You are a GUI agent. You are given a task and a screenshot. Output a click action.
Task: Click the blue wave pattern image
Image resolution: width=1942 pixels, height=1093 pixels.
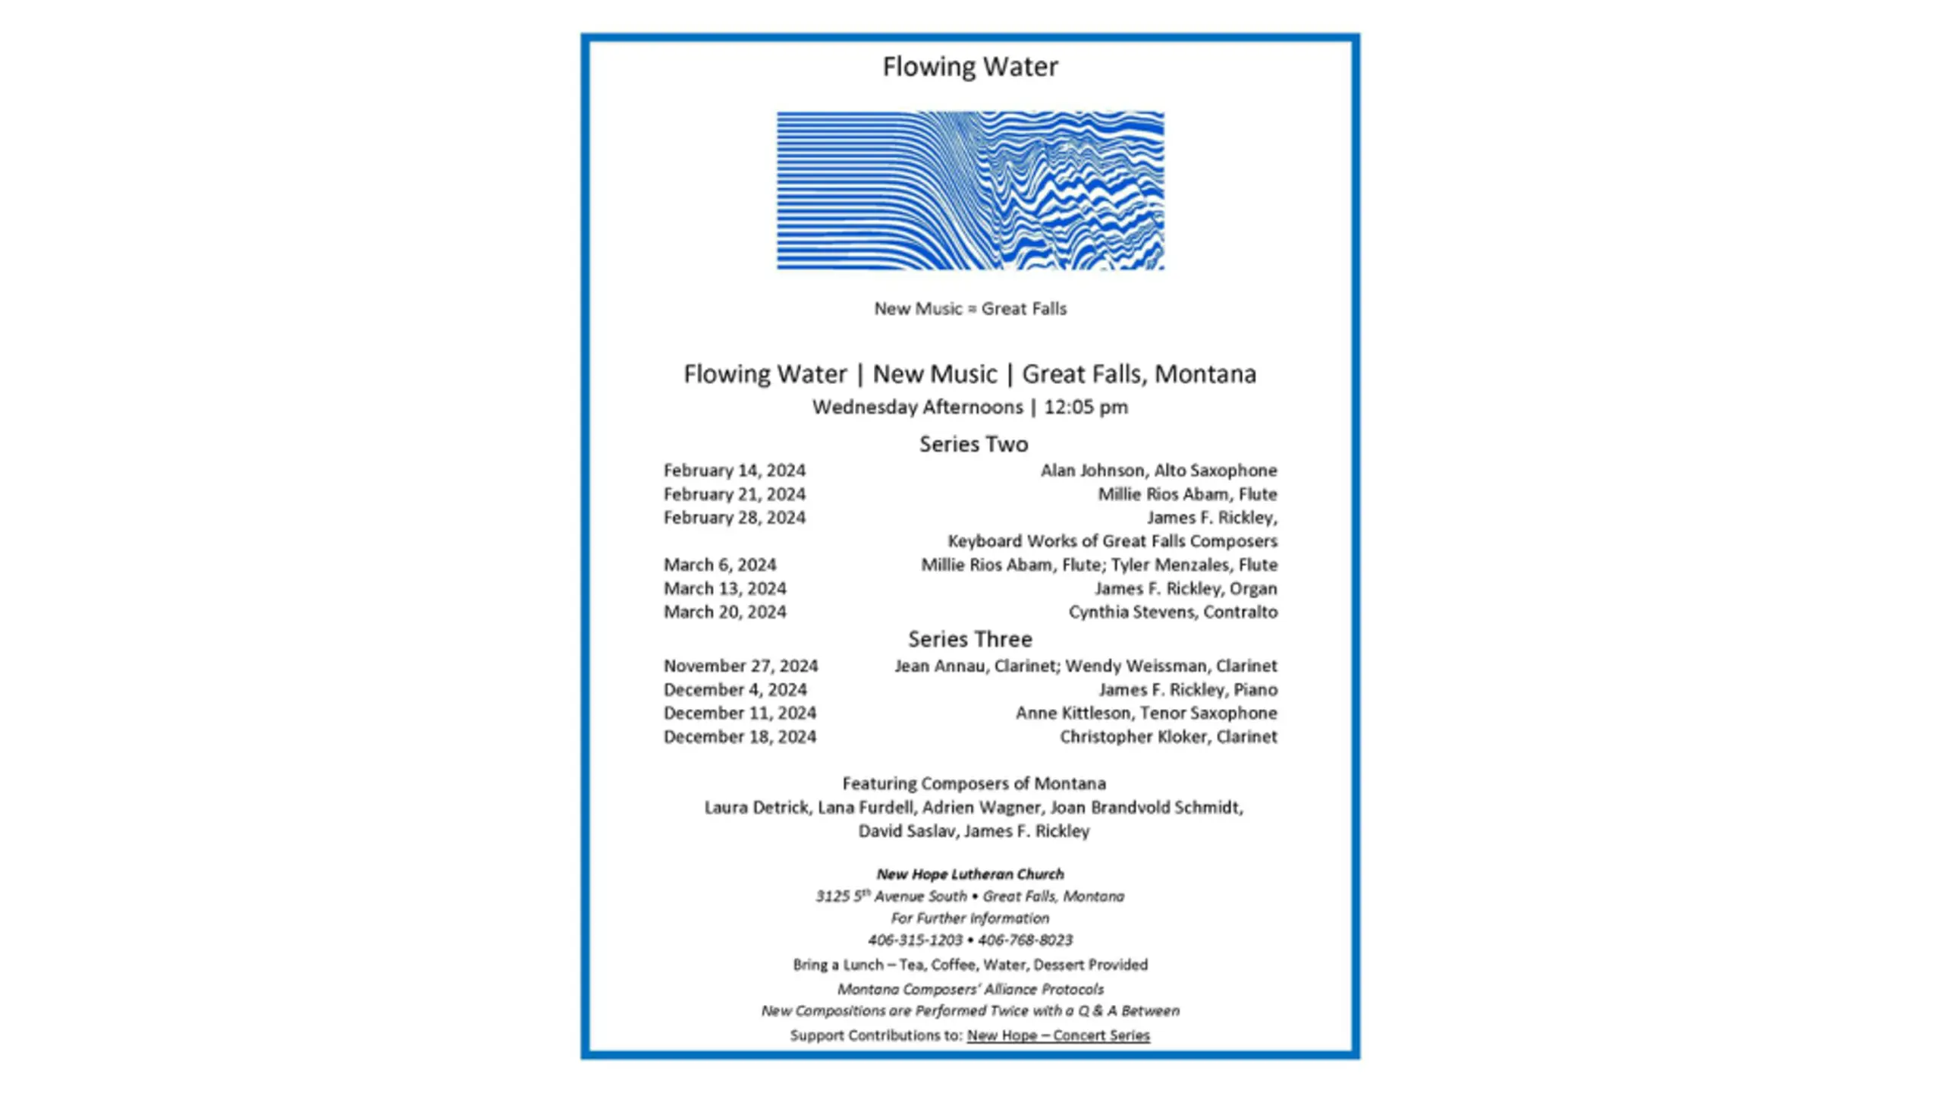(x=969, y=190)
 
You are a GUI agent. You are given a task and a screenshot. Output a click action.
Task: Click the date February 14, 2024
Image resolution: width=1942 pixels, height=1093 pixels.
(x=734, y=471)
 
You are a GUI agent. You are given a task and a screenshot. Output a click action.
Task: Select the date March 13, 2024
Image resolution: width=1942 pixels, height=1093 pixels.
(x=724, y=588)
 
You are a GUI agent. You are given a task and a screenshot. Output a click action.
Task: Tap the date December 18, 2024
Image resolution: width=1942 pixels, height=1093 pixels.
(x=740, y=736)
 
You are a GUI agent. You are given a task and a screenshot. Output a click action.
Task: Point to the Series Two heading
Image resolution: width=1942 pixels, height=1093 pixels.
(x=973, y=444)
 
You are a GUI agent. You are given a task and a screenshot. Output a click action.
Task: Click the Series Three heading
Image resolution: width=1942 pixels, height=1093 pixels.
(x=970, y=639)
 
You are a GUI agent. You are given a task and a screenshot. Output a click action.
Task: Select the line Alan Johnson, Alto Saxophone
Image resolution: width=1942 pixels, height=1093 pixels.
(x=1158, y=471)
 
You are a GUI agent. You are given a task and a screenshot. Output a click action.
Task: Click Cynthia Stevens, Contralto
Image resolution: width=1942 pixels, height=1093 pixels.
(x=1173, y=612)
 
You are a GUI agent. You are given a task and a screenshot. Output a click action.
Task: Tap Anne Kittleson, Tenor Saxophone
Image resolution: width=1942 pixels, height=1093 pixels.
(x=1146, y=713)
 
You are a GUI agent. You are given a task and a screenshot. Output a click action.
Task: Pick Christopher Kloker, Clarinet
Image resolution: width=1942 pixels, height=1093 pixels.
(x=1168, y=736)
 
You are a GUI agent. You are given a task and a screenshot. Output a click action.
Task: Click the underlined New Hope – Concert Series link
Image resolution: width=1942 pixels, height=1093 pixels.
(x=1058, y=1035)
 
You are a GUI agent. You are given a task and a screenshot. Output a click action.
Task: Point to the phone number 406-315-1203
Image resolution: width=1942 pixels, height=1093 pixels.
(x=915, y=940)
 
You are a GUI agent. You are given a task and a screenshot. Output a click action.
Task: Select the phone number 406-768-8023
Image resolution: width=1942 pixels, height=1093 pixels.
(x=1026, y=940)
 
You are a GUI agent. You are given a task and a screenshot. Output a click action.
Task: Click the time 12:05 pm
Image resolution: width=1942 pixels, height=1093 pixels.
(x=1086, y=408)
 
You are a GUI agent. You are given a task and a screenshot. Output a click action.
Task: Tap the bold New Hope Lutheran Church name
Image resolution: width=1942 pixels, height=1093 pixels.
(x=970, y=874)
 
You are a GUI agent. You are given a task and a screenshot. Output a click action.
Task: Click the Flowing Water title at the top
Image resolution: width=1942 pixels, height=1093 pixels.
(x=970, y=67)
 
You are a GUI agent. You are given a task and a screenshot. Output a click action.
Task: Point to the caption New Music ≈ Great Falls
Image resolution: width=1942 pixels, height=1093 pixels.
(x=970, y=309)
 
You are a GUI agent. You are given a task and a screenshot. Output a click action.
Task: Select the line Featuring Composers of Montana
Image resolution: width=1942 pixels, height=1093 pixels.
(x=974, y=783)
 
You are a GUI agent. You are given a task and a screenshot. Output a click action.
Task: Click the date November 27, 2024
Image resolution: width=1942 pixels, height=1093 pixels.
(x=740, y=666)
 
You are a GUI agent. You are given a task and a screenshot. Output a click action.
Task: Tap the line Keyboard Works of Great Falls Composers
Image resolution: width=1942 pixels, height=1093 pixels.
(x=1112, y=541)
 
